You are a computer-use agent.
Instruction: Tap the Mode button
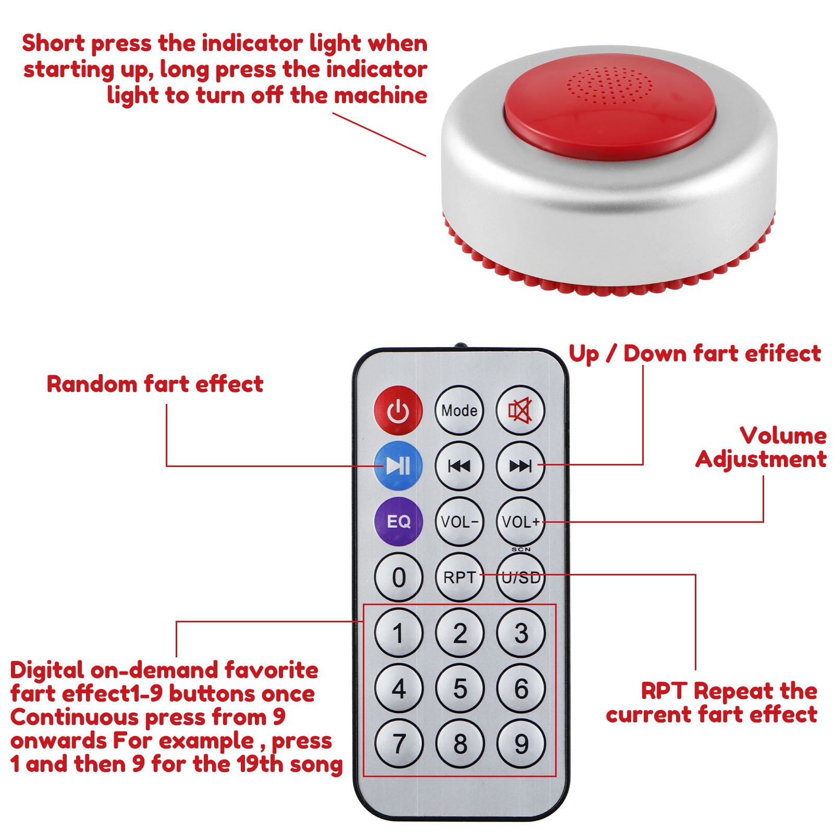pyautogui.click(x=459, y=410)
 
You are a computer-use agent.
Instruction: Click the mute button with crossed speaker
pyautogui.click(x=520, y=410)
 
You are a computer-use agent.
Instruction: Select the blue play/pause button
pyautogui.click(x=398, y=465)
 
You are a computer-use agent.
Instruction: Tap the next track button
pyautogui.click(x=520, y=465)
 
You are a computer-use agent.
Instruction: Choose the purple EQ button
pyautogui.click(x=398, y=521)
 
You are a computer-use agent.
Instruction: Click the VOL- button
pyautogui.click(x=459, y=521)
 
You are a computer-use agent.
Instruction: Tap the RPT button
pyautogui.click(x=459, y=577)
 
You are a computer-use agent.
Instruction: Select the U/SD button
pyautogui.click(x=520, y=577)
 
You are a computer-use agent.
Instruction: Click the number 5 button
pyautogui.click(x=459, y=689)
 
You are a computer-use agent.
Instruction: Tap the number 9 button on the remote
pyautogui.click(x=521, y=744)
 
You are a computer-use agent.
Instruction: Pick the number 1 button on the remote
pyautogui.click(x=398, y=633)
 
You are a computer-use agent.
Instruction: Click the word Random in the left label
pyautogui.click(x=92, y=384)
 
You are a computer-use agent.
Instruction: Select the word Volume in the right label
pyautogui.click(x=783, y=436)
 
